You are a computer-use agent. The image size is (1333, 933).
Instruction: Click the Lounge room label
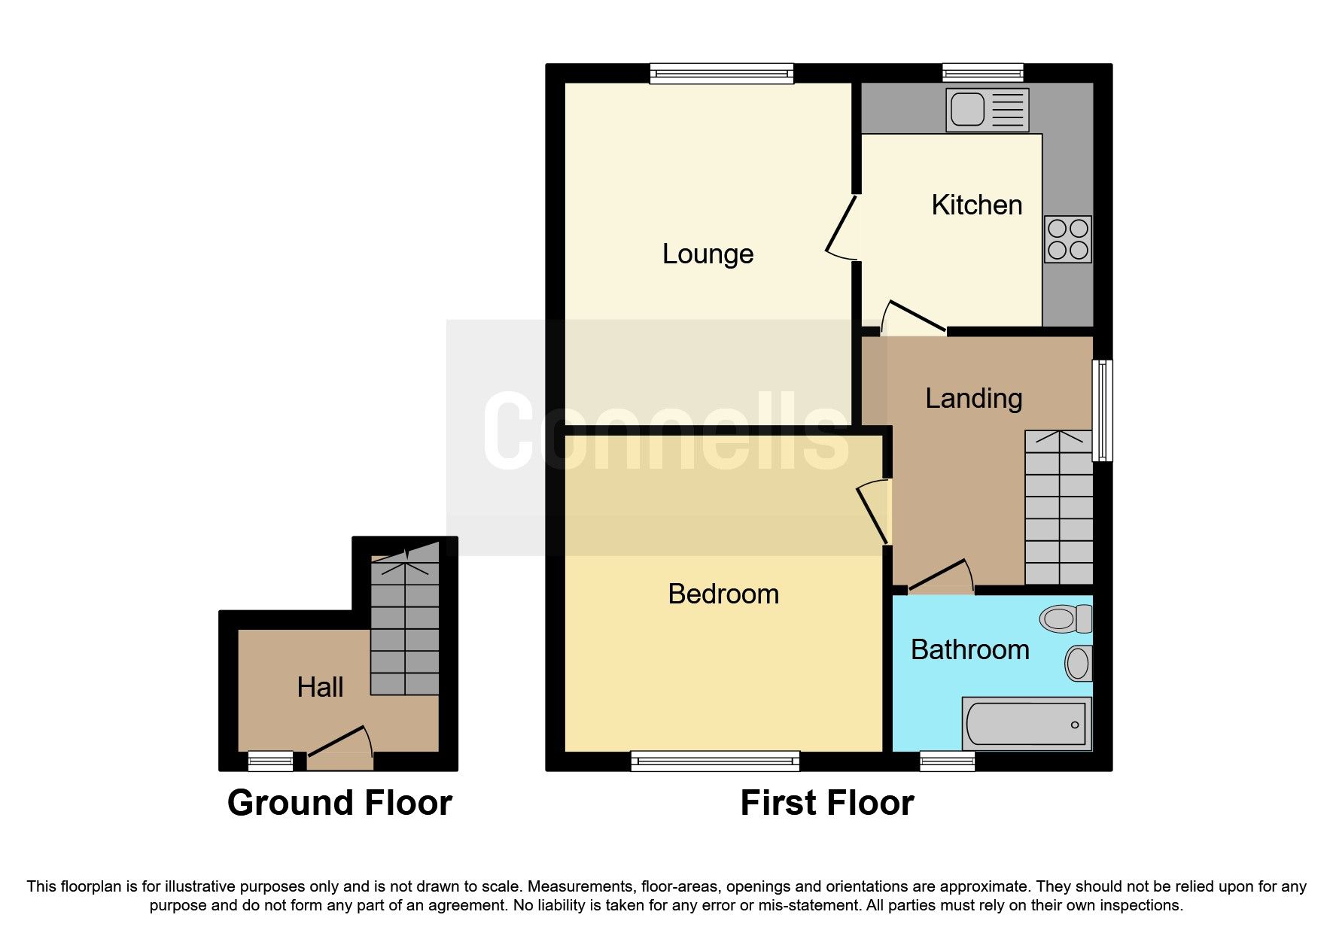[x=708, y=254]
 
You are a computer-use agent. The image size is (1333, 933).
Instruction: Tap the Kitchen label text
[x=976, y=205]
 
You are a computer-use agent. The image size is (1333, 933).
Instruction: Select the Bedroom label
[x=723, y=594]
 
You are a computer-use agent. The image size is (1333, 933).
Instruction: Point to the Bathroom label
[x=969, y=650]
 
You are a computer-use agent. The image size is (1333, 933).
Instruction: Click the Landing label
[x=973, y=399]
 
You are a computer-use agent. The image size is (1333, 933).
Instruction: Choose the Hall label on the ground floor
[x=320, y=688]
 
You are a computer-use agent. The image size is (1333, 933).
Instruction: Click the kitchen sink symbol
[x=987, y=110]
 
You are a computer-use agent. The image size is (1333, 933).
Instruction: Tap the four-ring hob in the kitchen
[x=1067, y=239]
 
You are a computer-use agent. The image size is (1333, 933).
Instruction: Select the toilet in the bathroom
[x=1064, y=619]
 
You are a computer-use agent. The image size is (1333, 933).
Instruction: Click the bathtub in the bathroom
[x=1027, y=724]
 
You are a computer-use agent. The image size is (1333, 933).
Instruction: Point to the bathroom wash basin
[x=1078, y=664]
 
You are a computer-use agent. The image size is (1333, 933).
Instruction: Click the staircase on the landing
[x=1058, y=508]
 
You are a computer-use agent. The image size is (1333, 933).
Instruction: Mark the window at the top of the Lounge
[x=721, y=73]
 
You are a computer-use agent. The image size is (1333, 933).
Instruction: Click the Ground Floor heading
[x=339, y=803]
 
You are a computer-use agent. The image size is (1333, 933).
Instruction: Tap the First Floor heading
[x=826, y=803]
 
